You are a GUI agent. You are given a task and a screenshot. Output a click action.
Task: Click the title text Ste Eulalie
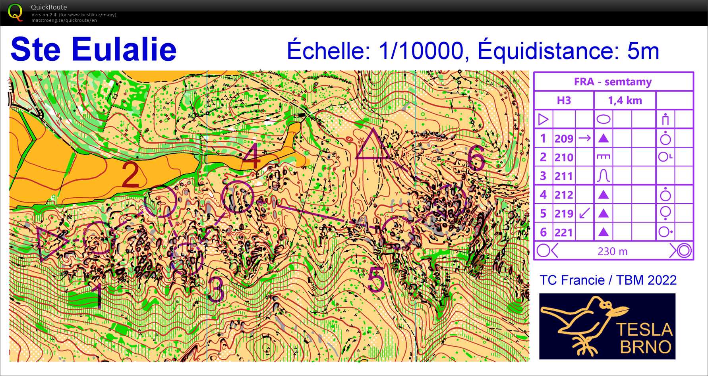[94, 49]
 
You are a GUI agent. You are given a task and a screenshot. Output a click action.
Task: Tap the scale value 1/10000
[421, 51]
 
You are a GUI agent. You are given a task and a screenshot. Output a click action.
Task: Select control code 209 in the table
[564, 139]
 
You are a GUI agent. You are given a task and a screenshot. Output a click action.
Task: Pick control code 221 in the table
[564, 232]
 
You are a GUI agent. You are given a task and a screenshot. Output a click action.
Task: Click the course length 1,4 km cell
[625, 100]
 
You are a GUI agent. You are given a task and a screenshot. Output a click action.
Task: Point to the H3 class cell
[563, 100]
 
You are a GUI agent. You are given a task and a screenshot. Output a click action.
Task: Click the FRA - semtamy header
[613, 82]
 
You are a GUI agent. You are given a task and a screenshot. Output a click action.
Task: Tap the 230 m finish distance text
[612, 251]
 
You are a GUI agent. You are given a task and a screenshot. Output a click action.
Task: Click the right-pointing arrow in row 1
[584, 138]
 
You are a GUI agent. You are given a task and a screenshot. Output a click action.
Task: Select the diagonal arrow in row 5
[584, 214]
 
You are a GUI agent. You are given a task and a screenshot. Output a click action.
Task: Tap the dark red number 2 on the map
[130, 174]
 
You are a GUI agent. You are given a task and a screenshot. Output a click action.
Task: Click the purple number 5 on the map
[376, 279]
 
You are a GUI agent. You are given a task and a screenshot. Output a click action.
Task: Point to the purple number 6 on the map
[476, 158]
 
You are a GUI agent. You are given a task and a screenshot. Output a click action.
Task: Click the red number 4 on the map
[251, 156]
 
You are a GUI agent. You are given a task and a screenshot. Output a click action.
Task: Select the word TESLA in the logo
[644, 330]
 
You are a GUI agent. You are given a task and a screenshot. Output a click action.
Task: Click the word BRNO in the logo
[646, 347]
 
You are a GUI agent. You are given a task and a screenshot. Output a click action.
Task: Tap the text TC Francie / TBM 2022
[607, 280]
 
